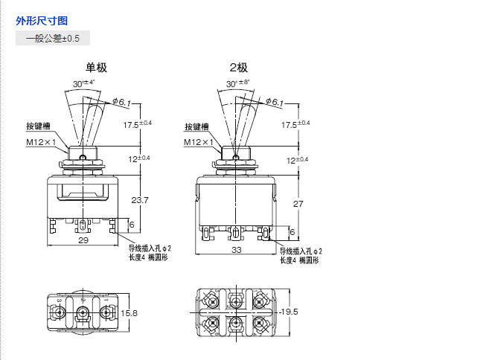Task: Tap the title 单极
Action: (x=97, y=68)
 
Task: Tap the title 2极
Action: (x=240, y=68)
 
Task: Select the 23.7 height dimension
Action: (x=140, y=200)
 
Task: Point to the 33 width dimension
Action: (x=237, y=250)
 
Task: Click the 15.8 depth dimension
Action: (x=130, y=313)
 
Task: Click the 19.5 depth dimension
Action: (x=287, y=312)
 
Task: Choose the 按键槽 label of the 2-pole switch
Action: (x=197, y=126)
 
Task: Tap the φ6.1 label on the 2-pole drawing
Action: (x=274, y=102)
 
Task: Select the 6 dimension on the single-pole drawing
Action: (x=132, y=225)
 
